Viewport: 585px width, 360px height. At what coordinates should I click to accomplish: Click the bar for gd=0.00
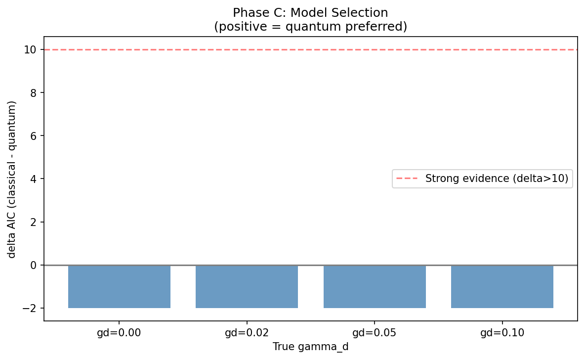pyautogui.click(x=119, y=286)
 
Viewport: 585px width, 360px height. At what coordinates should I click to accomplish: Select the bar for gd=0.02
pyautogui.click(x=247, y=286)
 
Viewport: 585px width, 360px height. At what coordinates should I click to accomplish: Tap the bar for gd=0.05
pyautogui.click(x=375, y=286)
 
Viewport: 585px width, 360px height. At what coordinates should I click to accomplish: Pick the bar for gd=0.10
pyautogui.click(x=502, y=286)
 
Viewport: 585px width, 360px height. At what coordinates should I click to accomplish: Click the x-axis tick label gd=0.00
pyautogui.click(x=119, y=333)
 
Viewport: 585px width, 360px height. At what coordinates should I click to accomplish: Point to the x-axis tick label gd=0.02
pyautogui.click(x=247, y=333)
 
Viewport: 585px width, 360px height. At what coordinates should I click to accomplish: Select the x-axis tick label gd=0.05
pyautogui.click(x=375, y=333)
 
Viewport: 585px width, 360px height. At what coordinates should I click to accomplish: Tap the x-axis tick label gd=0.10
pyautogui.click(x=502, y=333)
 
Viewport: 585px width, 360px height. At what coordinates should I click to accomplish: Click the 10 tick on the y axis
pyautogui.click(x=33, y=49)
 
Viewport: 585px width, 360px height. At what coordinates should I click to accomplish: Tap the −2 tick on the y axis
pyautogui.click(x=32, y=308)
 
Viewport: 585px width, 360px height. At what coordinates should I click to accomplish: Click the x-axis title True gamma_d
pyautogui.click(x=310, y=347)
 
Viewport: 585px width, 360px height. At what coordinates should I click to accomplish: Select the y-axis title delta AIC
pyautogui.click(x=12, y=179)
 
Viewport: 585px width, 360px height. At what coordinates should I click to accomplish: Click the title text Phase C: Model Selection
pyautogui.click(x=310, y=13)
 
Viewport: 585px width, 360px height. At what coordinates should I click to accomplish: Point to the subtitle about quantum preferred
pyautogui.click(x=310, y=26)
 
